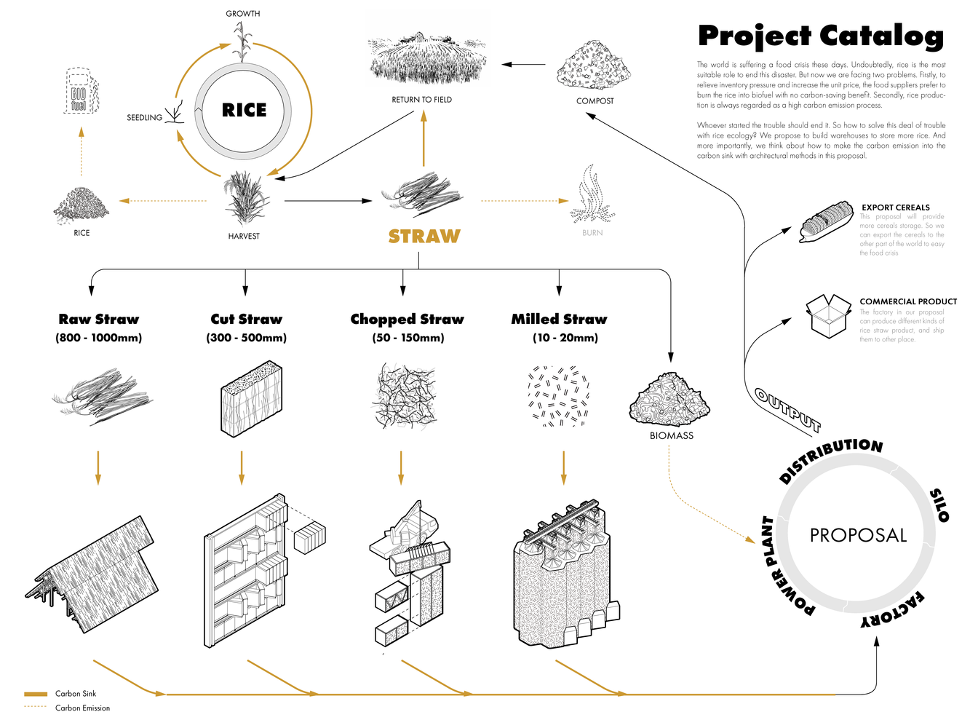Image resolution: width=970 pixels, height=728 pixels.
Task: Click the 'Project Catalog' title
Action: [x=820, y=36]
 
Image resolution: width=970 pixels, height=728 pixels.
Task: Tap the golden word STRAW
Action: [x=424, y=237]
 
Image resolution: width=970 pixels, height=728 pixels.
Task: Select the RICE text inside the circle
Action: [x=244, y=111]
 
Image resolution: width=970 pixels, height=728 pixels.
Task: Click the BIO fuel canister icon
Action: [x=79, y=92]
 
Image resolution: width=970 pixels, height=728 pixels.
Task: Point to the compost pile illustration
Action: [x=594, y=66]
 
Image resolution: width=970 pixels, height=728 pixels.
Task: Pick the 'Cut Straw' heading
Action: [x=246, y=320]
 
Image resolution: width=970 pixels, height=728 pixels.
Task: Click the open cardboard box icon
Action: [x=828, y=316]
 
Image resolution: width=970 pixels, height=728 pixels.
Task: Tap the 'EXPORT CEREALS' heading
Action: [x=896, y=207]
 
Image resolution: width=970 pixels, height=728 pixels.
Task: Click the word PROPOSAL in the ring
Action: [x=858, y=536]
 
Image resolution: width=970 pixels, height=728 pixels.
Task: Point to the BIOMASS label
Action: [x=671, y=436]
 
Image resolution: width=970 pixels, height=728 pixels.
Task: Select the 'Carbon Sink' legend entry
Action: [x=76, y=694]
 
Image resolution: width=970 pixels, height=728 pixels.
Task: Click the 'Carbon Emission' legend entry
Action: [x=82, y=708]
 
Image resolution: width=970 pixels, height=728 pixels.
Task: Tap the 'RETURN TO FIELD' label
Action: [x=421, y=100]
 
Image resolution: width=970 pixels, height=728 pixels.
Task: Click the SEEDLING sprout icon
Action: [x=174, y=114]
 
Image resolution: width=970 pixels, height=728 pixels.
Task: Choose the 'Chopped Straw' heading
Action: [x=407, y=320]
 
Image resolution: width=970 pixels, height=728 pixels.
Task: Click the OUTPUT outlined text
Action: [x=787, y=409]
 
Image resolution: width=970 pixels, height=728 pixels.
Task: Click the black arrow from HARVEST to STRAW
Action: [x=327, y=201]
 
